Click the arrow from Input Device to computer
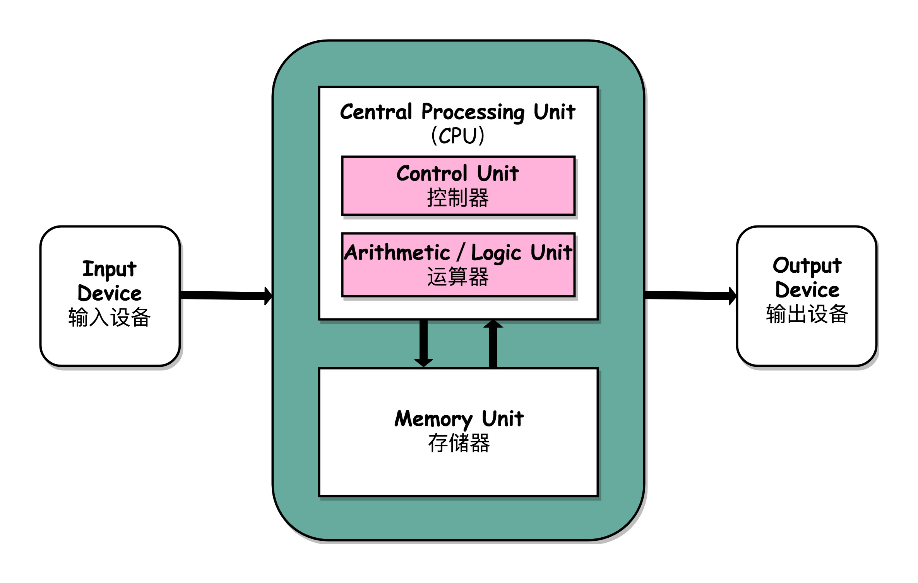pos(226,296)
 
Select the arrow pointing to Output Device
pos(691,296)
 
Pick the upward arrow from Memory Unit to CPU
pos(493,344)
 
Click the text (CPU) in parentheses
pos(458,136)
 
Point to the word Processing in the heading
pos(473,112)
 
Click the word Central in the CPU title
pos(376,112)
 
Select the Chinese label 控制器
pos(458,198)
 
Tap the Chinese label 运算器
pos(458,277)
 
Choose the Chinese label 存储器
pos(459,443)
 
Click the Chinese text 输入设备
pos(110,317)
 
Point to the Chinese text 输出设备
pos(807,314)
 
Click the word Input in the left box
pos(110,269)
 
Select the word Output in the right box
pos(807,266)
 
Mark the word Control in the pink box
pos(432,174)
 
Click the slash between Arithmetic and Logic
pos(461,253)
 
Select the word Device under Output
pos(807,290)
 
